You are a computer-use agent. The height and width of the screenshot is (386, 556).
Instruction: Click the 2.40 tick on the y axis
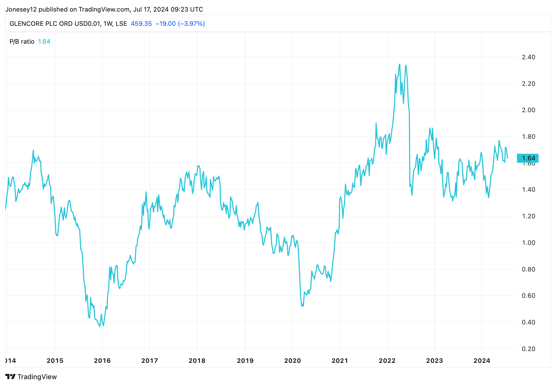point(528,57)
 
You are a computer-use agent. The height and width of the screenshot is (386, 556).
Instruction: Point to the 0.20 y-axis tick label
point(528,349)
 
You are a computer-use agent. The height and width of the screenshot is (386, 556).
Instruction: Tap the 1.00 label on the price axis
point(528,243)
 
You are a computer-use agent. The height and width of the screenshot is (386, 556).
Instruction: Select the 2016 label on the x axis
point(102,361)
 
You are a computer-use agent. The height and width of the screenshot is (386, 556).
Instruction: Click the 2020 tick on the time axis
point(293,361)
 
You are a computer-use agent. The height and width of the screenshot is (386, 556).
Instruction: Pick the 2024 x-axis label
point(482,361)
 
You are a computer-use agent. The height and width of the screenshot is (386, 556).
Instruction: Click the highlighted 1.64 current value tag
point(528,158)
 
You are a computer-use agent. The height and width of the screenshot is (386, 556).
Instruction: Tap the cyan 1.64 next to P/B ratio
point(44,42)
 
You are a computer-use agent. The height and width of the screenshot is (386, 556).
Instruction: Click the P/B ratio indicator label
point(22,42)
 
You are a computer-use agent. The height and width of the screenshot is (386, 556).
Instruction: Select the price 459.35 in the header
point(141,24)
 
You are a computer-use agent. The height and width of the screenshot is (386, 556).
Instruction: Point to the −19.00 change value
point(165,24)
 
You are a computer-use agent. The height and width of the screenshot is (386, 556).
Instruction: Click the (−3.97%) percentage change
point(191,24)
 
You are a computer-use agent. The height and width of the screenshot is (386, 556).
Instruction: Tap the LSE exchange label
point(121,24)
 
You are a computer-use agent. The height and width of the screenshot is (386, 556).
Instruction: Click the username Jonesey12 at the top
point(21,9)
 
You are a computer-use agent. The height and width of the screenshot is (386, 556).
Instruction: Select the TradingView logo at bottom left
point(31,377)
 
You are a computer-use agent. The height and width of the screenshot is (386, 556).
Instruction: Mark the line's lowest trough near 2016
point(100,326)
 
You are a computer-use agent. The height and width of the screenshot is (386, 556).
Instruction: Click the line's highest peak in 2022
point(399,64)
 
